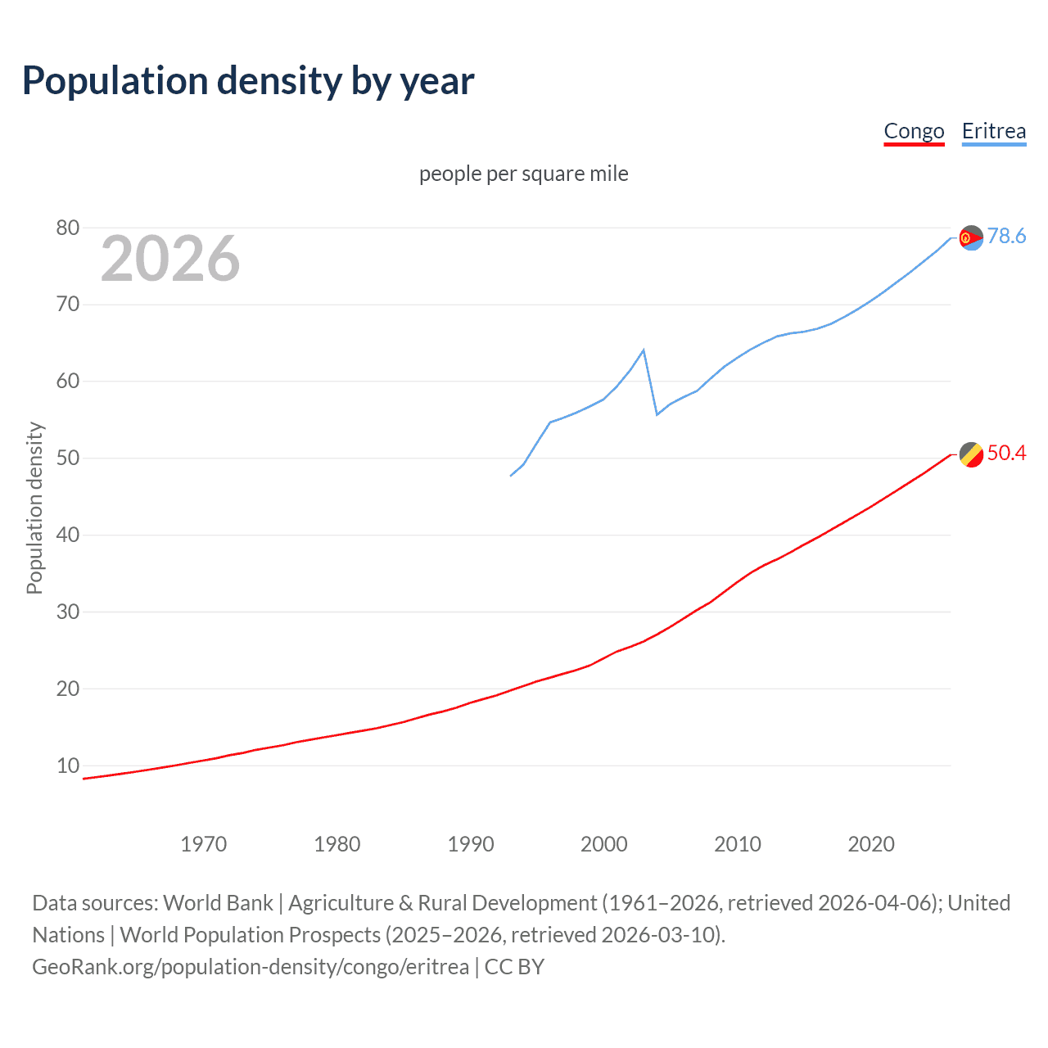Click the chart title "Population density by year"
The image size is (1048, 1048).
coord(248,81)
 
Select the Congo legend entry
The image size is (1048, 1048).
coord(914,131)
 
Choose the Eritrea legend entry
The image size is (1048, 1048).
coord(993,131)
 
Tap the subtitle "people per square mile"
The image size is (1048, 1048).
coord(523,174)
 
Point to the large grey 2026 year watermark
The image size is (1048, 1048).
coord(170,259)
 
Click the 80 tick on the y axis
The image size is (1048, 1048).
coord(68,228)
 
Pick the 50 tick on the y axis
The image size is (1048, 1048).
coord(68,458)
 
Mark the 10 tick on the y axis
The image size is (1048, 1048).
coord(68,766)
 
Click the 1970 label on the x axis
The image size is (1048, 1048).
coord(203,844)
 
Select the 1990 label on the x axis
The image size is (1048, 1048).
coord(471,844)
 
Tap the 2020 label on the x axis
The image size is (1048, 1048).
coord(871,844)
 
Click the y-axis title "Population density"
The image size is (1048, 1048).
coord(34,508)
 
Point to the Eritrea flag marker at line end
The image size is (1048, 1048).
coord(971,237)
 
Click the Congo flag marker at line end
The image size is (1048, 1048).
coord(971,454)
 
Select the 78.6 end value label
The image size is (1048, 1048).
coord(1006,237)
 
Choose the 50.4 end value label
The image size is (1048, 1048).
coord(1006,454)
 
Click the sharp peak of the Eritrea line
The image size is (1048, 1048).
coord(644,350)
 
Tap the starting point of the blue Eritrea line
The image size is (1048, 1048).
coord(511,476)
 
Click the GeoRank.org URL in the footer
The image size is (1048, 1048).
coord(251,967)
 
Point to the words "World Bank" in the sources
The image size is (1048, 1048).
coord(218,903)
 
